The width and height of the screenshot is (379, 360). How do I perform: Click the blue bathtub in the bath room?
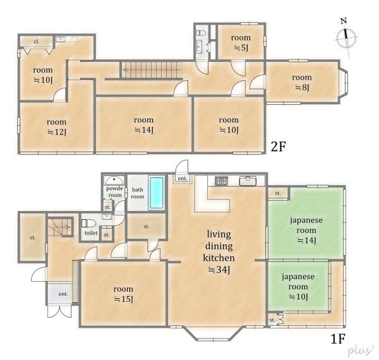point(157,193)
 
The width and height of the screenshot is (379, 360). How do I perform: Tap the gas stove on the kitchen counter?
point(221,181)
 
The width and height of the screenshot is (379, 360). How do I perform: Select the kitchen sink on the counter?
point(248,181)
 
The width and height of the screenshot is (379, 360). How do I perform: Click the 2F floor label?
point(278,147)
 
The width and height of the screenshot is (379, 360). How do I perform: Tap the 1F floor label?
point(338,339)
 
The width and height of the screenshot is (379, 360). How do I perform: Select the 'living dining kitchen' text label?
point(219,246)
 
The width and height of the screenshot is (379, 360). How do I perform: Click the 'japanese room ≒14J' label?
point(306,231)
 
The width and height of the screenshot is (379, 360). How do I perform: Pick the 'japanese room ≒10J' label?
point(298,287)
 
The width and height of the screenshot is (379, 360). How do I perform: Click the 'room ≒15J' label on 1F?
point(123,294)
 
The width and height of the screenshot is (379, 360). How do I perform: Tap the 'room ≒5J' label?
point(241,42)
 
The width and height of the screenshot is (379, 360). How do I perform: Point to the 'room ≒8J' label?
point(302,82)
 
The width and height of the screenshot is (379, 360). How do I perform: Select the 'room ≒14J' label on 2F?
point(144,125)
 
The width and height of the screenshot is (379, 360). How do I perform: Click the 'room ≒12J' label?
point(57,127)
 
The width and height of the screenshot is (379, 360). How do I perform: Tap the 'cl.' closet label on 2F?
point(36,42)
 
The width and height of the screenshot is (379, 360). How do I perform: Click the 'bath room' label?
point(137,193)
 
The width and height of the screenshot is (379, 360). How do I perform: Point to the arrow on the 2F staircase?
point(152,70)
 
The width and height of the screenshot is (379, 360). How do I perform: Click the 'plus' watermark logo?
point(360,351)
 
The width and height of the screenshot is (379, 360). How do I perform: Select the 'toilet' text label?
point(91,233)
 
